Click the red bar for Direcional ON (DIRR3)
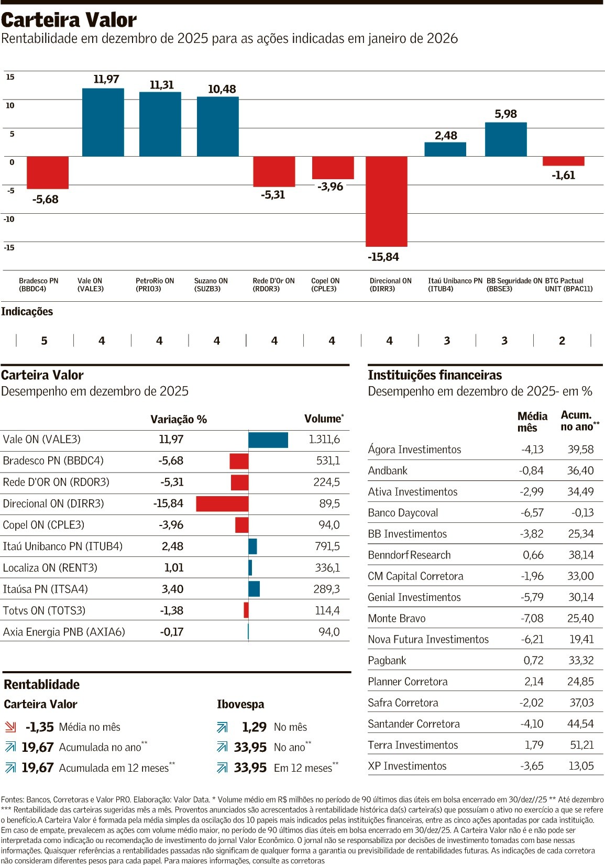[x=387, y=201]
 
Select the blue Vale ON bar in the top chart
[x=103, y=122]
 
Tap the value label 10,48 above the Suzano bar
[x=222, y=89]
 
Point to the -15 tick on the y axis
[x=9, y=247]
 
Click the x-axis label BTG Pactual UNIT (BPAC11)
[x=568, y=285]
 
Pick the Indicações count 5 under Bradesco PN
[x=44, y=341]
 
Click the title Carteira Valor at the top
[x=69, y=20]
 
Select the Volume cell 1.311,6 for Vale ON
[x=324, y=440]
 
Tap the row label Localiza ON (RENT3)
[x=50, y=568]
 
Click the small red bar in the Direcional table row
[x=222, y=504]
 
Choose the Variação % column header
[x=179, y=420]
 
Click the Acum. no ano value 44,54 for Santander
[x=580, y=724]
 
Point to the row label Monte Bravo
[x=397, y=619]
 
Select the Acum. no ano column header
[x=579, y=421]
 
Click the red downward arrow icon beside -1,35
[x=10, y=727]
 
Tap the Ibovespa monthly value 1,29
[x=254, y=727]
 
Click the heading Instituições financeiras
[x=435, y=375]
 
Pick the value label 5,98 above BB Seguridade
[x=505, y=114]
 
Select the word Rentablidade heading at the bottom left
[x=42, y=685]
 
